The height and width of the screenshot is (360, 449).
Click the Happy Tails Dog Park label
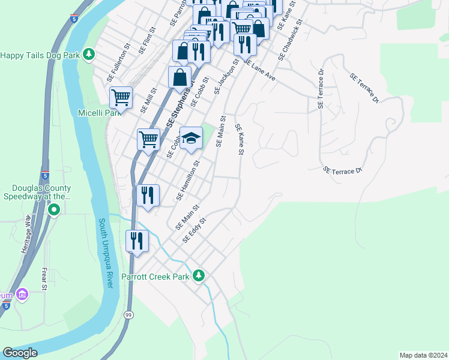point(40,55)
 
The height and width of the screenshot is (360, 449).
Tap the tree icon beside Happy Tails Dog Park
point(89,55)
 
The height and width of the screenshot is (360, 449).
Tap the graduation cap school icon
point(191,138)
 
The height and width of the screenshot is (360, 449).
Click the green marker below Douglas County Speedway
point(53,209)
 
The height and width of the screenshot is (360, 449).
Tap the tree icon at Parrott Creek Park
point(199,276)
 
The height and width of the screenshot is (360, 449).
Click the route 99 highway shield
point(128,314)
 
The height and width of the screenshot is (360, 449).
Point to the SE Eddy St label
point(194,230)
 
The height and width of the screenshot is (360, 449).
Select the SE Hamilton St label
point(188,181)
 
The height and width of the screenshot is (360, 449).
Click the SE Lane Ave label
point(259,71)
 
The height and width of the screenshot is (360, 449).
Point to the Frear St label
point(45,279)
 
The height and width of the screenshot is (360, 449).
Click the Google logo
point(20,353)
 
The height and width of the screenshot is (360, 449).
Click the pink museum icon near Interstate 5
point(22,295)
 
